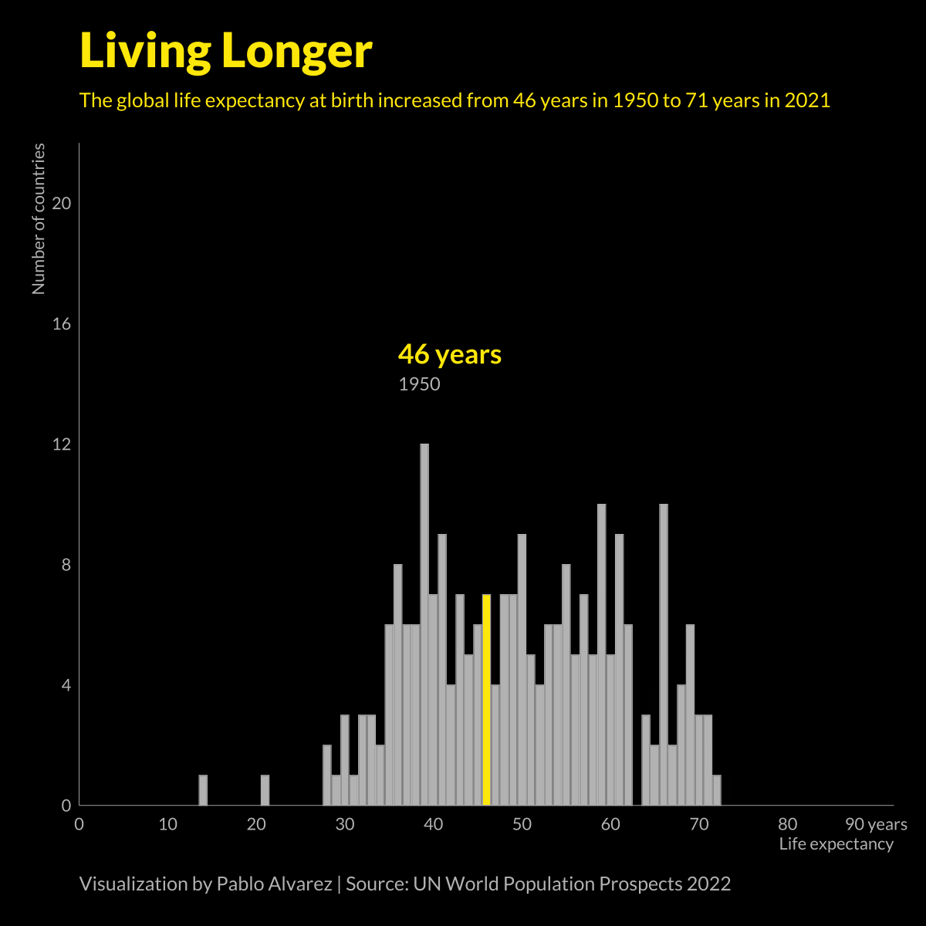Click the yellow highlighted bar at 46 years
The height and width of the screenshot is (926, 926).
[486, 699]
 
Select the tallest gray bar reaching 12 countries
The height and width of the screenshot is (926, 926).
[424, 624]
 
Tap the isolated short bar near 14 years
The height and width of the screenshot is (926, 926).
[203, 790]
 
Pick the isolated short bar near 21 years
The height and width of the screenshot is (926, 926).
[265, 790]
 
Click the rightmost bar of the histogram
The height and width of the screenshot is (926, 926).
[717, 790]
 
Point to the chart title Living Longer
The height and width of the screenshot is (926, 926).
[226, 51]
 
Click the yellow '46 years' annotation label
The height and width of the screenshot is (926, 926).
[449, 354]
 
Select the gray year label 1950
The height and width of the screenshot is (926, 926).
[419, 384]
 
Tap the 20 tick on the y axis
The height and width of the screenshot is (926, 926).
[61, 204]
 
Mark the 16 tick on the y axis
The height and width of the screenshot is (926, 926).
[61, 324]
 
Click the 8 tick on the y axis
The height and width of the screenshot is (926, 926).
[66, 565]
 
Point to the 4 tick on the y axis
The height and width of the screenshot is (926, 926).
[66, 685]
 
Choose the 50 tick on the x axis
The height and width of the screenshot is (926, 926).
[522, 824]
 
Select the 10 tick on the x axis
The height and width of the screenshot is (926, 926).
[167, 824]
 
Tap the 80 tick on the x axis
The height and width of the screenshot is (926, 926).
[788, 824]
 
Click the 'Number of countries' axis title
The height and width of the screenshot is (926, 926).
[39, 219]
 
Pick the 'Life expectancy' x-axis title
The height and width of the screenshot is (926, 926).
[836, 844]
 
